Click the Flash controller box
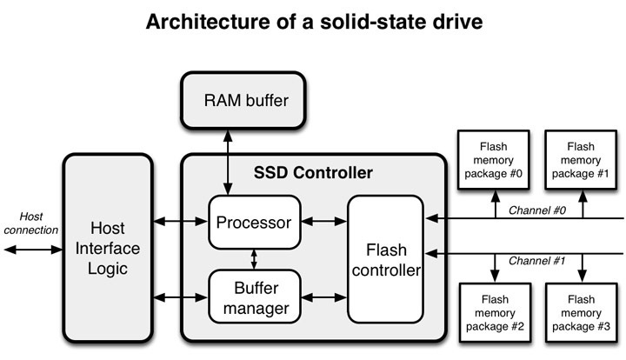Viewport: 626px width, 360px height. [x=384, y=259]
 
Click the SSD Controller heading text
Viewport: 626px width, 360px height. [x=313, y=173]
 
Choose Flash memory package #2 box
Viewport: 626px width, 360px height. [x=492, y=311]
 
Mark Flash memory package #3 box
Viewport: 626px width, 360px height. [x=580, y=311]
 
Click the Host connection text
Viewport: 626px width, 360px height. [x=30, y=223]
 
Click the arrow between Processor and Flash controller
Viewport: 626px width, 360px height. [x=324, y=223]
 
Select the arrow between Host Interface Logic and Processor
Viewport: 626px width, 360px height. [x=180, y=223]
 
